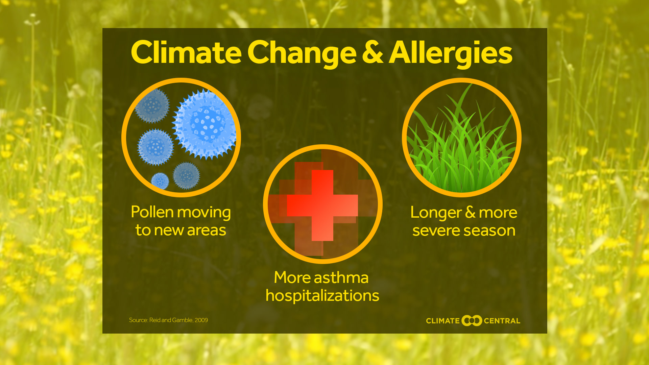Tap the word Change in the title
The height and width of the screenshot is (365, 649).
pyautogui.click(x=302, y=53)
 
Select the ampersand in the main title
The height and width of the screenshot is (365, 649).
pyautogui.click(x=372, y=52)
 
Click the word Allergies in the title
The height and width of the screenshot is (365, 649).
pyautogui.click(x=451, y=53)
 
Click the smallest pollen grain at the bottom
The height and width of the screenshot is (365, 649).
pyautogui.click(x=160, y=181)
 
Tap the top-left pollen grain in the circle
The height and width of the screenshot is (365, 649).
pyautogui.click(x=152, y=106)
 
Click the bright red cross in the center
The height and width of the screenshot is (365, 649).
pyautogui.click(x=322, y=205)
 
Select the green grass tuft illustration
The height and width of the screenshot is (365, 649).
pyautogui.click(x=461, y=149)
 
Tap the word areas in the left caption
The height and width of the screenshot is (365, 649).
pyautogui.click(x=206, y=230)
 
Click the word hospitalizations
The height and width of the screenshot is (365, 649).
pyautogui.click(x=322, y=296)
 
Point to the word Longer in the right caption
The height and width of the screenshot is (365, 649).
pyautogui.click(x=436, y=213)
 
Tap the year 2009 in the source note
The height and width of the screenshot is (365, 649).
pyautogui.click(x=201, y=320)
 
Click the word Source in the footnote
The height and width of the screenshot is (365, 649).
pyautogui.click(x=138, y=320)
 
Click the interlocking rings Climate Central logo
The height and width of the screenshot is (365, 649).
pyautogui.click(x=472, y=320)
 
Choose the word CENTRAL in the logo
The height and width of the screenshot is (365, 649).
pyautogui.click(x=502, y=321)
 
